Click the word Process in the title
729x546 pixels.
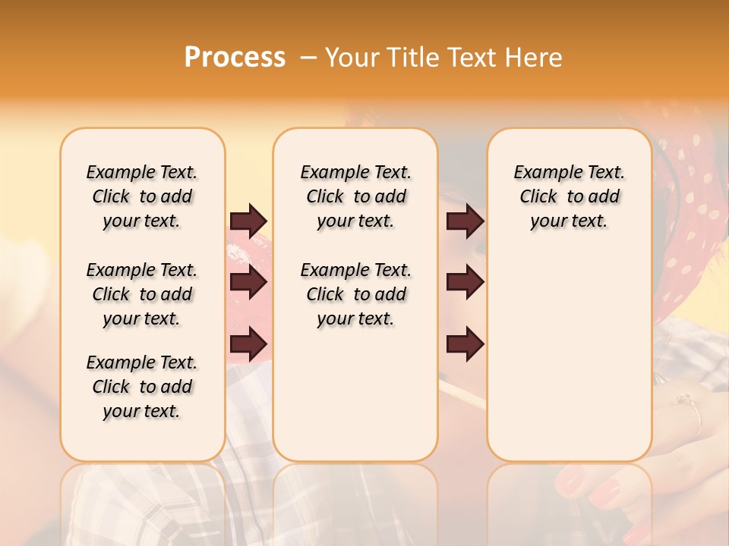[x=235, y=58]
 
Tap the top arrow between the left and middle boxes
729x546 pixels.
[x=248, y=221]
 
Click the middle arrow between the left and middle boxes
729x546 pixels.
[x=248, y=283]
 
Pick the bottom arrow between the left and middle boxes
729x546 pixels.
[x=248, y=345]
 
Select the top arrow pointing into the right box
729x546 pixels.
[x=465, y=221]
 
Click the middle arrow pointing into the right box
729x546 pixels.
[x=465, y=283]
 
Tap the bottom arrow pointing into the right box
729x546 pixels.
[x=465, y=345]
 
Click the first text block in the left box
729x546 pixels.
[x=142, y=196]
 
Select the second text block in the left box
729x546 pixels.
[x=142, y=294]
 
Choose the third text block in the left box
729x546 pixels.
[x=142, y=387]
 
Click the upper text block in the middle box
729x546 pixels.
[x=355, y=196]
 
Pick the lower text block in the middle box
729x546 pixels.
[x=355, y=294]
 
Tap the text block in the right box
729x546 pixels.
[x=569, y=196]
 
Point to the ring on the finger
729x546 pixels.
[x=692, y=406]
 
